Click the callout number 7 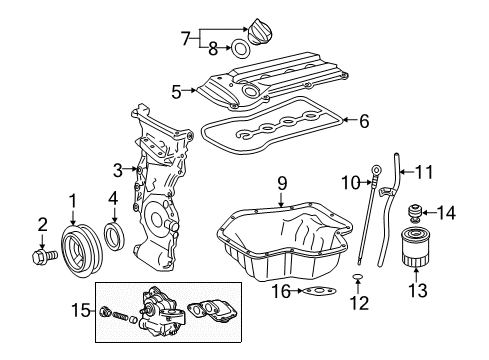186,39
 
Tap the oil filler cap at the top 259,32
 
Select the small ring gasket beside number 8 240,49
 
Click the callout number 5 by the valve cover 177,92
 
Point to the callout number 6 364,121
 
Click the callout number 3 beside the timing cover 118,170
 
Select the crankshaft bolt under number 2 45,256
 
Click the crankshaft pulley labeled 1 82,250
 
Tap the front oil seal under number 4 115,236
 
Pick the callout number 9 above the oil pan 282,184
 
